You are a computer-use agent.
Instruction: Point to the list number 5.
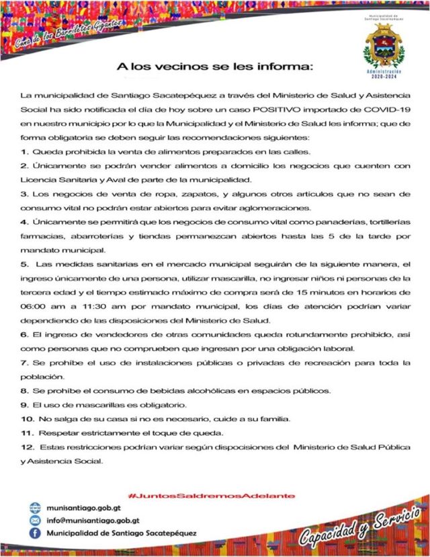[24, 265]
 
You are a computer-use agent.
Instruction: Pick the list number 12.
[26, 447]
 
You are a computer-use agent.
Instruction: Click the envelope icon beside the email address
[35, 520]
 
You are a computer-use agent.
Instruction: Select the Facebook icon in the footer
[35, 533]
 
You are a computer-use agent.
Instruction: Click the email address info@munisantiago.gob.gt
[92, 520]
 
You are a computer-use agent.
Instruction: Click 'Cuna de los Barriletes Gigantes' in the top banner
[70, 34]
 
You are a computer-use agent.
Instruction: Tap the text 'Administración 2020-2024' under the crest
[384, 73]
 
